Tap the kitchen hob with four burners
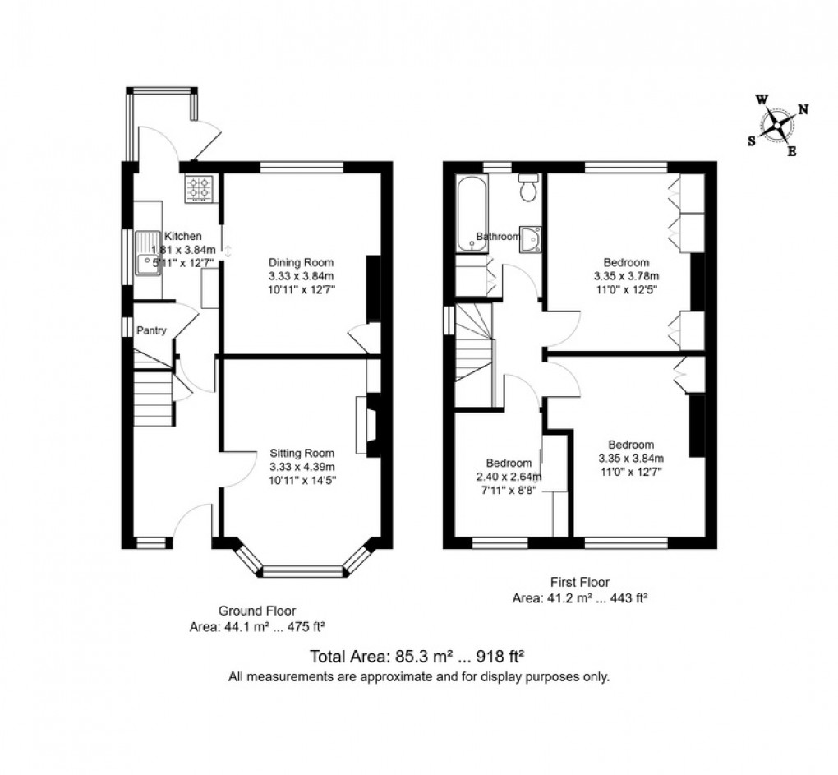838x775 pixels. pyautogui.click(x=199, y=189)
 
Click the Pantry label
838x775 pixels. pyautogui.click(x=152, y=331)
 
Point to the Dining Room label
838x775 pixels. pyautogui.click(x=301, y=263)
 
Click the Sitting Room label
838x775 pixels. pyautogui.click(x=302, y=453)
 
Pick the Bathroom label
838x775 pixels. pyautogui.click(x=499, y=237)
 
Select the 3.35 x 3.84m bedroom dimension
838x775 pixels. pyautogui.click(x=631, y=459)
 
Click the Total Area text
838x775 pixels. pyautogui.click(x=417, y=657)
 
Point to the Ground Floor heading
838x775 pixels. pyautogui.click(x=256, y=611)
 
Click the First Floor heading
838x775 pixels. pyautogui.click(x=580, y=583)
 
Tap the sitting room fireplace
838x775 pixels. pyautogui.click(x=367, y=425)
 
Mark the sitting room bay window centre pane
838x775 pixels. pyautogui.click(x=302, y=570)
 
